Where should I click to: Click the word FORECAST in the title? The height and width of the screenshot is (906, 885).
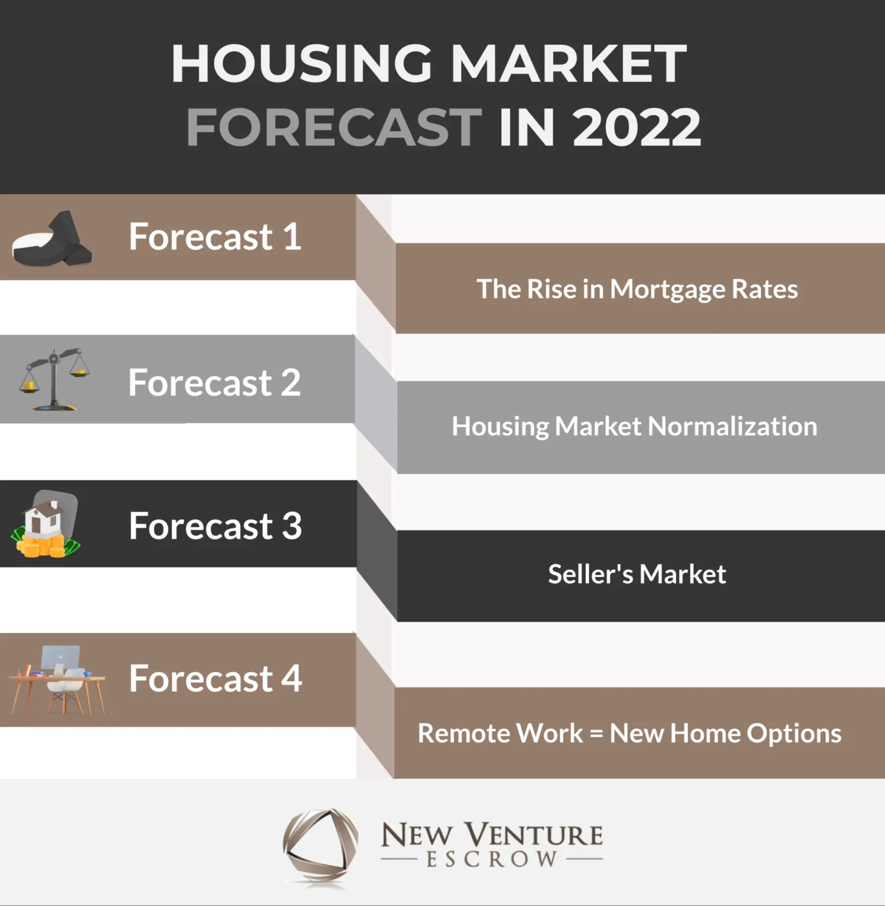[334, 127]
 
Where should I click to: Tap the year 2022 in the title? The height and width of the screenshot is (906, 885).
[637, 127]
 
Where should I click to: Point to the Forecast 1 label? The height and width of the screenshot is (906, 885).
[215, 237]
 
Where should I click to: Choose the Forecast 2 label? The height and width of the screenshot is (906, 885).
[214, 383]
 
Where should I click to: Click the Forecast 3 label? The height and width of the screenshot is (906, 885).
[215, 526]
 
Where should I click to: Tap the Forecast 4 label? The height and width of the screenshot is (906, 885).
[215, 678]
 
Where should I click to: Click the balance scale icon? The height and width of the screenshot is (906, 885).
[54, 379]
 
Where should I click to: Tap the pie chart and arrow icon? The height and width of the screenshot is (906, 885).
[52, 239]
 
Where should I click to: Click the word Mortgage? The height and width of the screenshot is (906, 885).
[668, 290]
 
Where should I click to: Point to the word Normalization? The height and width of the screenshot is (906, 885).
[733, 426]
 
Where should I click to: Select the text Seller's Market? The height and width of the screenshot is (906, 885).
[636, 575]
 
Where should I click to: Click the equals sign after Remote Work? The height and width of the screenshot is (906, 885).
[596, 734]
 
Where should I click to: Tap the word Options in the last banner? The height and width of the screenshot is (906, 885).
[794, 734]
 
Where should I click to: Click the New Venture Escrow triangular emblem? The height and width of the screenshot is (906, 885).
[321, 847]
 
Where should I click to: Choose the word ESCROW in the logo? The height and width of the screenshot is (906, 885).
[492, 859]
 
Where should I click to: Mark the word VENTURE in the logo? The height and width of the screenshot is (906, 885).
[534, 835]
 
